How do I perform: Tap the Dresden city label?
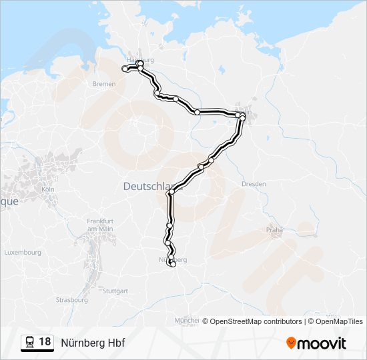(x=254, y=183)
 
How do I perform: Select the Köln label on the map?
(x=47, y=189)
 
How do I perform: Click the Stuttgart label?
(x=115, y=291)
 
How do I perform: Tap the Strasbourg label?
(x=72, y=300)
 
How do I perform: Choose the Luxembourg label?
(x=23, y=253)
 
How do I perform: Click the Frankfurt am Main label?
(x=101, y=225)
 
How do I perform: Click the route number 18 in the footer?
(x=45, y=342)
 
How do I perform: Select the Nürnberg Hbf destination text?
(x=93, y=343)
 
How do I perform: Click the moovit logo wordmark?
(x=322, y=343)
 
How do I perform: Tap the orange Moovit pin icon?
(x=292, y=343)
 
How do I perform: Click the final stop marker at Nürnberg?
(x=173, y=265)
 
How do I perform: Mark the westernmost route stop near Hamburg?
(x=125, y=69)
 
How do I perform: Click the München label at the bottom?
(x=186, y=321)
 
